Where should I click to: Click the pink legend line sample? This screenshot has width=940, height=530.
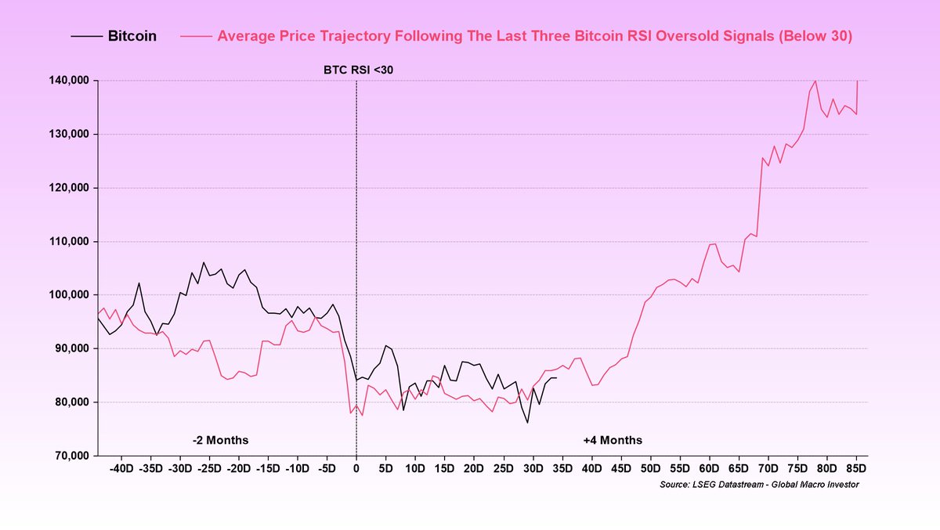(196, 36)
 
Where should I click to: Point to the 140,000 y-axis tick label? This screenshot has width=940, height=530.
(67, 81)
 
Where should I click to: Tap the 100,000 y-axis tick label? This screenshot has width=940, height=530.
(67, 295)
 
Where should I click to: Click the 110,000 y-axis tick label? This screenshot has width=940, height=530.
(67, 241)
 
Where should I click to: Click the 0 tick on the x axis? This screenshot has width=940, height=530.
(356, 468)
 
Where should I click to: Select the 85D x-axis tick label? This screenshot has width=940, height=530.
(856, 468)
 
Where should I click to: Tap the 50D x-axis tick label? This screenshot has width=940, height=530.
(650, 468)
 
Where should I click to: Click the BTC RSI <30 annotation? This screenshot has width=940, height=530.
(356, 70)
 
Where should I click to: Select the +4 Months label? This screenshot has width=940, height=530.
(613, 440)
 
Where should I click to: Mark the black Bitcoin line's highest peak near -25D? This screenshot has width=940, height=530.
(204, 262)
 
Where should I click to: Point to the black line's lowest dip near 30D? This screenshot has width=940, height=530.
(527, 423)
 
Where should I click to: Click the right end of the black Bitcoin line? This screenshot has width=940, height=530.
(556, 378)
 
